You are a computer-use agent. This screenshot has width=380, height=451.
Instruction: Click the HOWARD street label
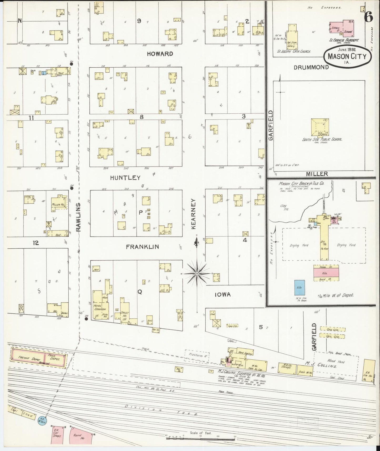(x=160, y=54)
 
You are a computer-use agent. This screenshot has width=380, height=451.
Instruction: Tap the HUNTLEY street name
(x=125, y=178)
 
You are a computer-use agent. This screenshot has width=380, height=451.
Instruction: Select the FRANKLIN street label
(x=142, y=247)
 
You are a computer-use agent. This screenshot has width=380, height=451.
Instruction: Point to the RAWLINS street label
(x=78, y=217)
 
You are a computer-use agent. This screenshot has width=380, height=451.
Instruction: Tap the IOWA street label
(x=223, y=294)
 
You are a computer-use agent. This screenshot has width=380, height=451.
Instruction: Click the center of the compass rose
(x=197, y=274)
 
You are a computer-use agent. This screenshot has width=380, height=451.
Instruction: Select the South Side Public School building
(x=319, y=127)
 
